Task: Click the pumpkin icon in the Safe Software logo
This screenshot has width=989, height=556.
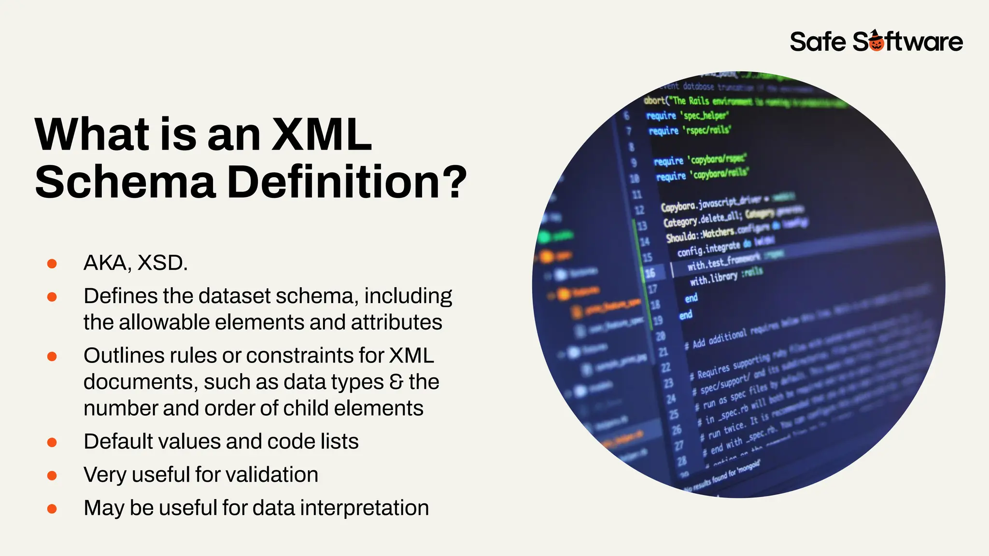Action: point(876,42)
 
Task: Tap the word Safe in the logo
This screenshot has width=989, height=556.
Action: point(818,42)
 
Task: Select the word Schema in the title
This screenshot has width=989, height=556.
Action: point(125,182)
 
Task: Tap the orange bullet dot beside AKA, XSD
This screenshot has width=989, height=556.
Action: point(52,264)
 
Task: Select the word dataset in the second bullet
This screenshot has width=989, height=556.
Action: point(234,296)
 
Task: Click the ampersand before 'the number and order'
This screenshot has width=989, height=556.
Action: point(396,382)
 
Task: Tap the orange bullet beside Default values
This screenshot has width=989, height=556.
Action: point(52,442)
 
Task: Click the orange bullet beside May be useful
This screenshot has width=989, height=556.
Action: point(52,509)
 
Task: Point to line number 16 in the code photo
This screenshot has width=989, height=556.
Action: point(650,273)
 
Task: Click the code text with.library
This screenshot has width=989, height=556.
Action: point(713,278)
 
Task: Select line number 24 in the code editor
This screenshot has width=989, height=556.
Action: point(671,399)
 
